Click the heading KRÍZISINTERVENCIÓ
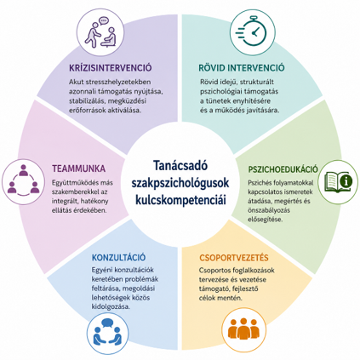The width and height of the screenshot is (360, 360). (x=111, y=68)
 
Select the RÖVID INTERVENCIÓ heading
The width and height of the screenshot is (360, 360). (x=242, y=68)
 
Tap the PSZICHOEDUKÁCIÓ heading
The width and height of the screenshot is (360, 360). (x=283, y=169)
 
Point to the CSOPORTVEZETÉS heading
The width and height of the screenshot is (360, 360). (x=234, y=258)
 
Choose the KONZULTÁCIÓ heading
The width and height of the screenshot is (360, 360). (x=118, y=257)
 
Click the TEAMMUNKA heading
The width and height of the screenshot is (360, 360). (x=78, y=169)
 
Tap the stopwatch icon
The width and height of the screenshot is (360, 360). (x=251, y=32)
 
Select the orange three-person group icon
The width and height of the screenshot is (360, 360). (x=243, y=329)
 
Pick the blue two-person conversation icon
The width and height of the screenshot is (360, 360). (x=107, y=332)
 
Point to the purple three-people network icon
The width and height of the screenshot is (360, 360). (x=23, y=181)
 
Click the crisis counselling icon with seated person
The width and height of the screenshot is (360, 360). (x=100, y=32)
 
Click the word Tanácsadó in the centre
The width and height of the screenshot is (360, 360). (x=180, y=165)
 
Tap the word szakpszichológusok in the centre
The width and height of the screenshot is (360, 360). (x=180, y=183)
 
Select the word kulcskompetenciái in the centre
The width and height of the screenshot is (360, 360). (x=180, y=200)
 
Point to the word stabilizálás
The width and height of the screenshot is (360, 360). (x=86, y=101)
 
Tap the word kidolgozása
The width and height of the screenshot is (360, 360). (x=111, y=307)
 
